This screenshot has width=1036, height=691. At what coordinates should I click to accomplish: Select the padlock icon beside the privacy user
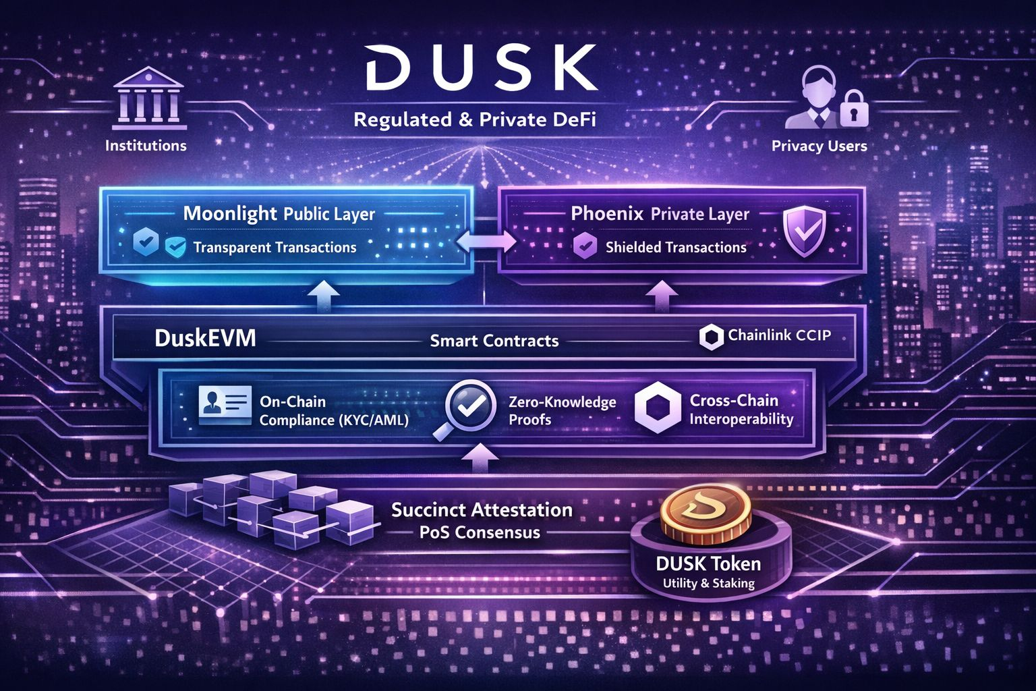pos(853,109)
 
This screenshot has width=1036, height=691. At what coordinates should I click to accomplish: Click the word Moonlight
pos(230,214)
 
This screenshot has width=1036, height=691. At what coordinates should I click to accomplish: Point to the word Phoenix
pos(608,214)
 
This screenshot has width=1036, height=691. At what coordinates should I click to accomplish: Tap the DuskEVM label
pos(205,338)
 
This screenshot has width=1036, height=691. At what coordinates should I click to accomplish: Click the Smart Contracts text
pos(494,341)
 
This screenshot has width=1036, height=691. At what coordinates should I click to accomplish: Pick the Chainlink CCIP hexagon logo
pos(711,337)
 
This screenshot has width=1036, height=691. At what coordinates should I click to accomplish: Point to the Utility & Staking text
pos(708,583)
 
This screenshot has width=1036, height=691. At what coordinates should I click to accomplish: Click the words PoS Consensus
pos(480,532)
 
